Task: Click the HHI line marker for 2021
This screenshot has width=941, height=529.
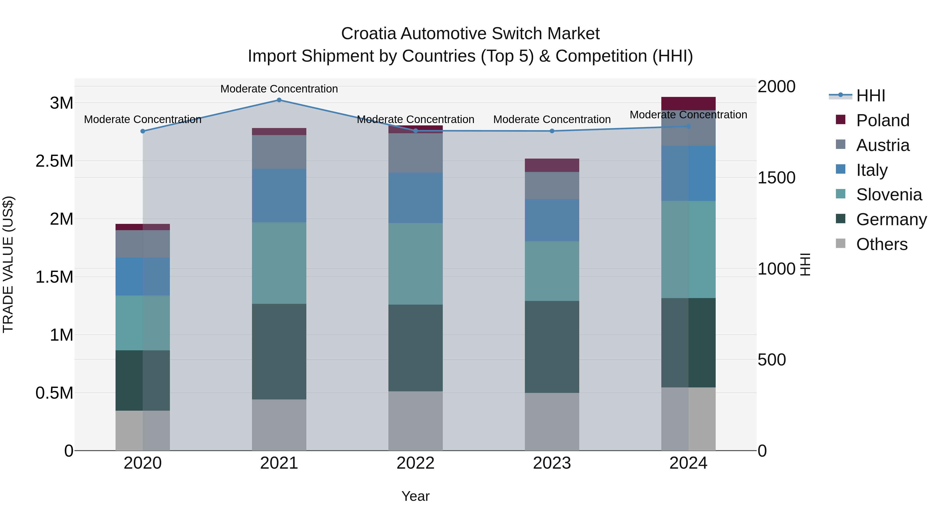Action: click(279, 100)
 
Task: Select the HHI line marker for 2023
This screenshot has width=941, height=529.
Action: click(552, 131)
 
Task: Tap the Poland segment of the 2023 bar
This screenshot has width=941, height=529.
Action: click(552, 165)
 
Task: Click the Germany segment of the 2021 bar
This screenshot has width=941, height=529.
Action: click(279, 352)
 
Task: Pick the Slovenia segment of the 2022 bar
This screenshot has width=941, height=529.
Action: click(415, 264)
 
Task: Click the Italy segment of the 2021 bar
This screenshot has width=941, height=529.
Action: click(279, 196)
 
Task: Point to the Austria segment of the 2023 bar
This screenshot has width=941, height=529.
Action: click(552, 185)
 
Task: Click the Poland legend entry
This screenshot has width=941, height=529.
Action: click(882, 120)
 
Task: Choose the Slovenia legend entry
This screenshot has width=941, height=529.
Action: click(888, 195)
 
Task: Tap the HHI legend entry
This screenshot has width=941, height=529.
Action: click(870, 96)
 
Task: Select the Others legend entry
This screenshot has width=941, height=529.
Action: click(881, 244)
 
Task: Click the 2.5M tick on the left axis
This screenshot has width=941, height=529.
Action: click(54, 161)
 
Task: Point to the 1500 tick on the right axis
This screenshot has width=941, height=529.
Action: click(776, 178)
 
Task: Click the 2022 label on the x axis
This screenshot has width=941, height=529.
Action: click(415, 463)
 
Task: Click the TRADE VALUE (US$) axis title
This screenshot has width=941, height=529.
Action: click(8, 264)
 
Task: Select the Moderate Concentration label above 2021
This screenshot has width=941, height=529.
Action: click(279, 89)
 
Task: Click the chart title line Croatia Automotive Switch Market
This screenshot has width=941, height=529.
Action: click(470, 34)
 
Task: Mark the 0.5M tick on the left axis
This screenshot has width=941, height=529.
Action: click(54, 393)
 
